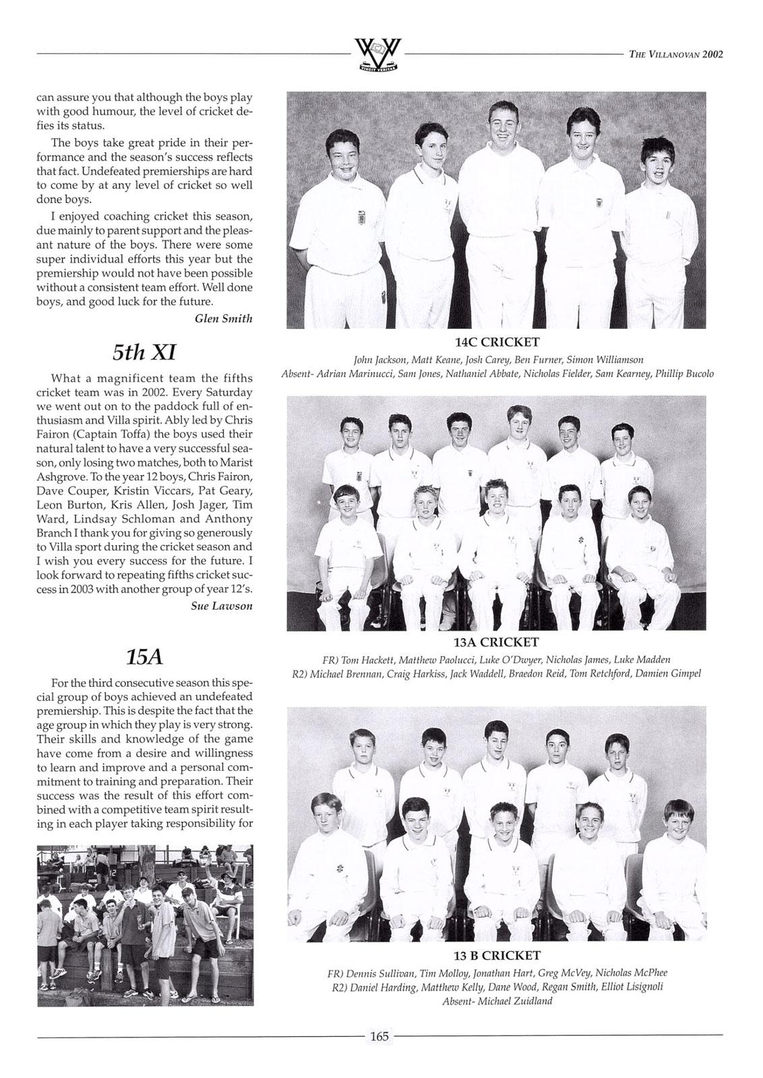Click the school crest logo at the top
(378, 56)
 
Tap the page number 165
(379, 1036)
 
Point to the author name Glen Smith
(223, 319)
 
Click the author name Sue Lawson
(222, 606)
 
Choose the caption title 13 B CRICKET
(497, 955)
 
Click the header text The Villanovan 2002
(675, 55)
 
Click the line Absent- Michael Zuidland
(497, 1001)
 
